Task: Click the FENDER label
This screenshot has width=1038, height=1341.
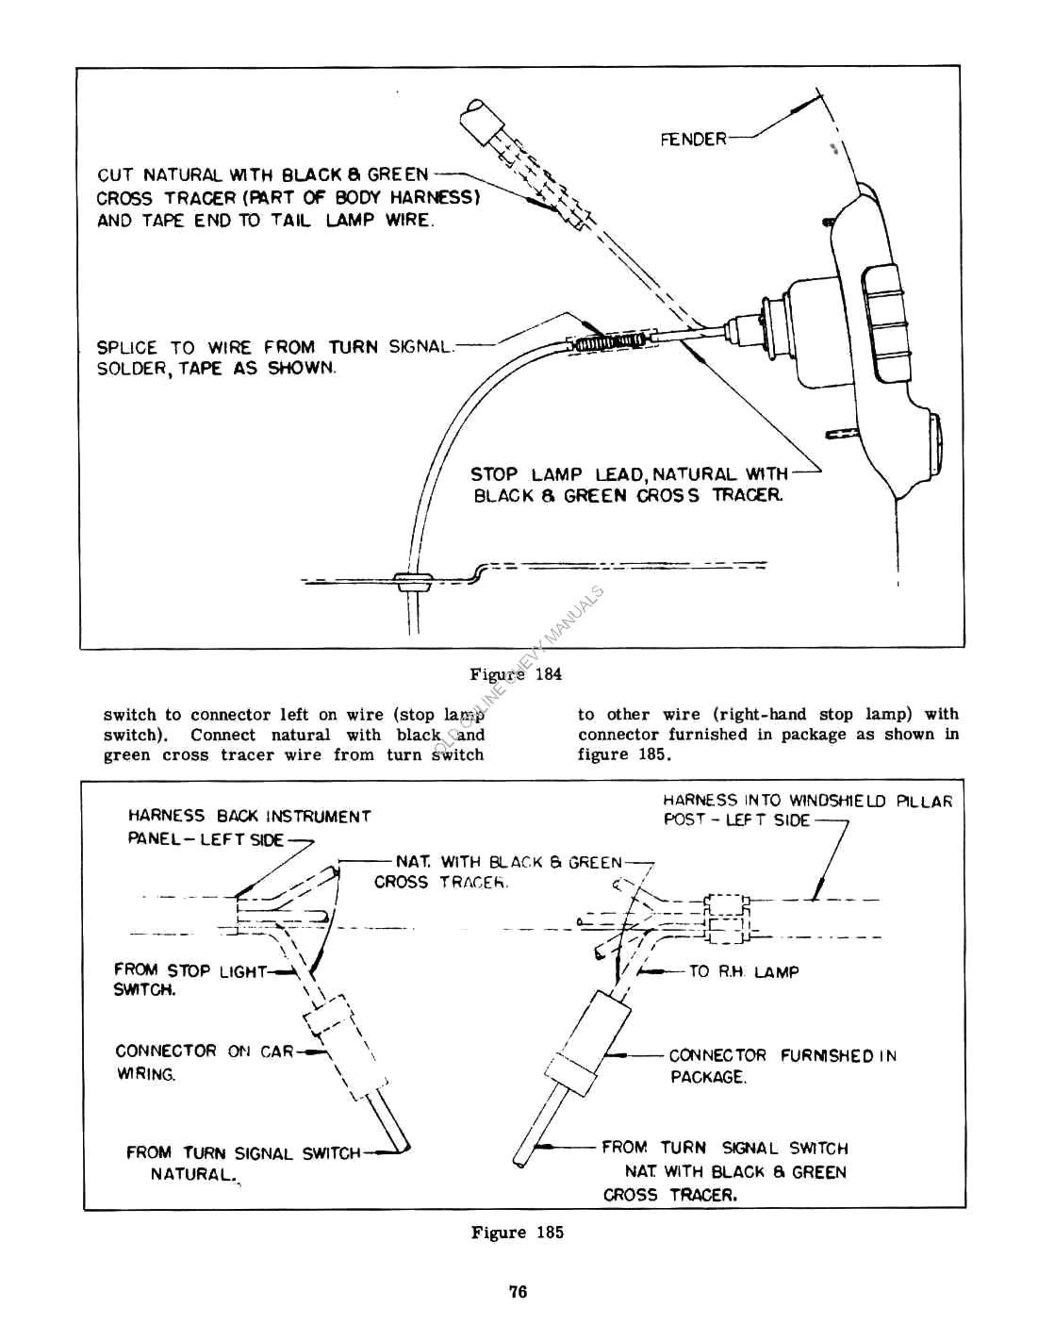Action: [x=693, y=140]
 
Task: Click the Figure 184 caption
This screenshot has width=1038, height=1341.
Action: [x=516, y=674]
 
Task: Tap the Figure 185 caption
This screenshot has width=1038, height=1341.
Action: [x=517, y=1233]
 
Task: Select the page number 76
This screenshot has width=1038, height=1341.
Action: [x=518, y=1292]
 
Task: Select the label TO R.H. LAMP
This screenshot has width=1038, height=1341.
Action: [x=743, y=971]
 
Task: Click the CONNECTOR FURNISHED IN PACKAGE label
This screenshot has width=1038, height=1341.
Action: [x=782, y=1066]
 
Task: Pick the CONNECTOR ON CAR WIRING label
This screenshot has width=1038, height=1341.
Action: [x=204, y=1061]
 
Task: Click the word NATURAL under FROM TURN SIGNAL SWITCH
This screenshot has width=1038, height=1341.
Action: [x=191, y=1175]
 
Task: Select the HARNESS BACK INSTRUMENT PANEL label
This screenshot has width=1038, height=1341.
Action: [x=249, y=827]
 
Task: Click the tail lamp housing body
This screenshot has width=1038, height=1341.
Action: [x=830, y=330]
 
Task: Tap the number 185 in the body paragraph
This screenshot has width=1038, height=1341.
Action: [x=649, y=754]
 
